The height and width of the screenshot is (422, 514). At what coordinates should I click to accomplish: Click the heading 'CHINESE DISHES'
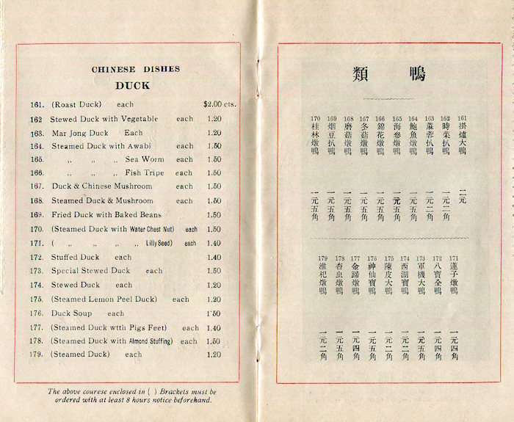136,70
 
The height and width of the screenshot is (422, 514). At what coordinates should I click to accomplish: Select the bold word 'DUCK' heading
132,85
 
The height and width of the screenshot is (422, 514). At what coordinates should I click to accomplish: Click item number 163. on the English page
38,134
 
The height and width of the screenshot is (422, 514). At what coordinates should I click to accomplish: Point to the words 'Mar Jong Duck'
80,134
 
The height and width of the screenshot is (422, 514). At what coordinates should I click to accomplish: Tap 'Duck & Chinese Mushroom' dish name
101,186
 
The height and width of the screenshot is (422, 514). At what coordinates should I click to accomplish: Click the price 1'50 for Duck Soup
213,313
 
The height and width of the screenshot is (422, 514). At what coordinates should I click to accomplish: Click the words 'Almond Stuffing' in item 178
150,341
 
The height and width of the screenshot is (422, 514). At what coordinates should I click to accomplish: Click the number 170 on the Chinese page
315,118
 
